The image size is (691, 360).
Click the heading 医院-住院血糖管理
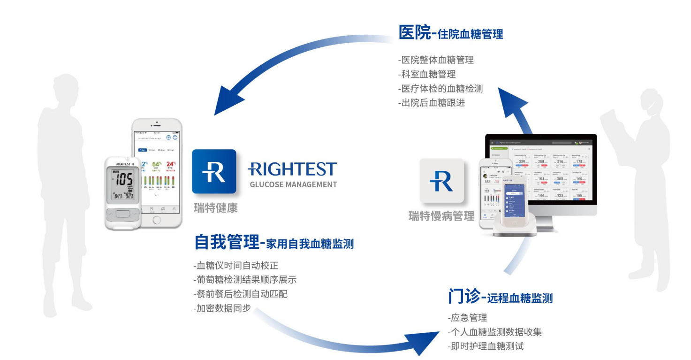[450, 33]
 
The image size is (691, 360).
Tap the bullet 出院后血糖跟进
[432, 102]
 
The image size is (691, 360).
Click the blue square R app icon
[214, 171]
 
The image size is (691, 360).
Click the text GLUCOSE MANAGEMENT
[293, 184]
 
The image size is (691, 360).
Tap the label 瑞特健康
[216, 208]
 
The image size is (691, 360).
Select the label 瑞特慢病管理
[441, 216]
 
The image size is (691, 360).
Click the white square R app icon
[441, 181]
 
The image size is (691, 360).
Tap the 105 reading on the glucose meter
[124, 179]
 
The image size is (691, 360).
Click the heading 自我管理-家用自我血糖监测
[274, 243]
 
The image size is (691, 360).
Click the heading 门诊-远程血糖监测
[500, 297]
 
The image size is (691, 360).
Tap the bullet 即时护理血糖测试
[486, 346]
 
